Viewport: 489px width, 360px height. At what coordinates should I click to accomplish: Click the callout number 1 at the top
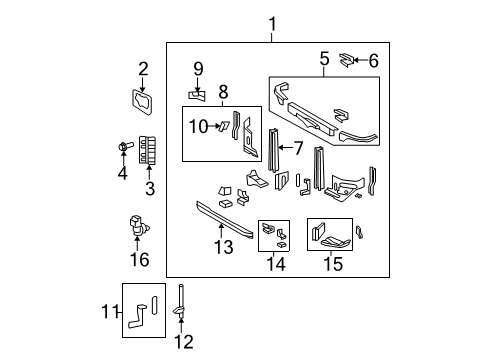click(272, 24)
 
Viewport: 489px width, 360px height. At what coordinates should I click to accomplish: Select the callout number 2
click(143, 69)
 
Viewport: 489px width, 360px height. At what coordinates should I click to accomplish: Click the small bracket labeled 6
click(346, 58)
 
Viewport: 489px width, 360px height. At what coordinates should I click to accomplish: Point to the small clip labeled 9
click(197, 94)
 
